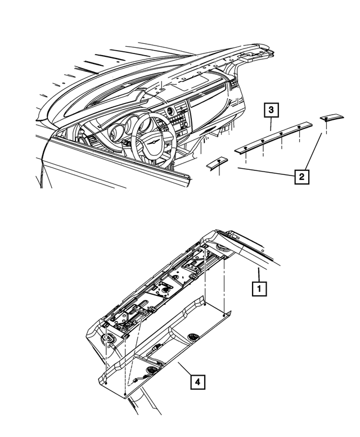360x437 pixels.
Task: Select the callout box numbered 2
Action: [x=301, y=177]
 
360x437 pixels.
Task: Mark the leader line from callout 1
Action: [x=258, y=276]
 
